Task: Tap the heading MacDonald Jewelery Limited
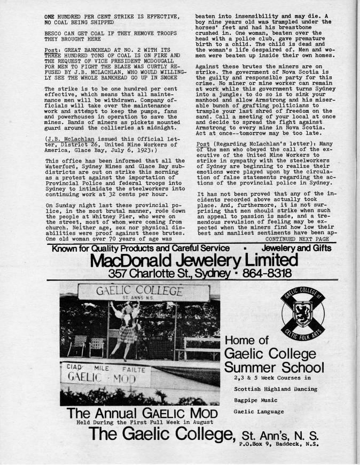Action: point(193,261)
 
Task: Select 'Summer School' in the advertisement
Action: point(274,367)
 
